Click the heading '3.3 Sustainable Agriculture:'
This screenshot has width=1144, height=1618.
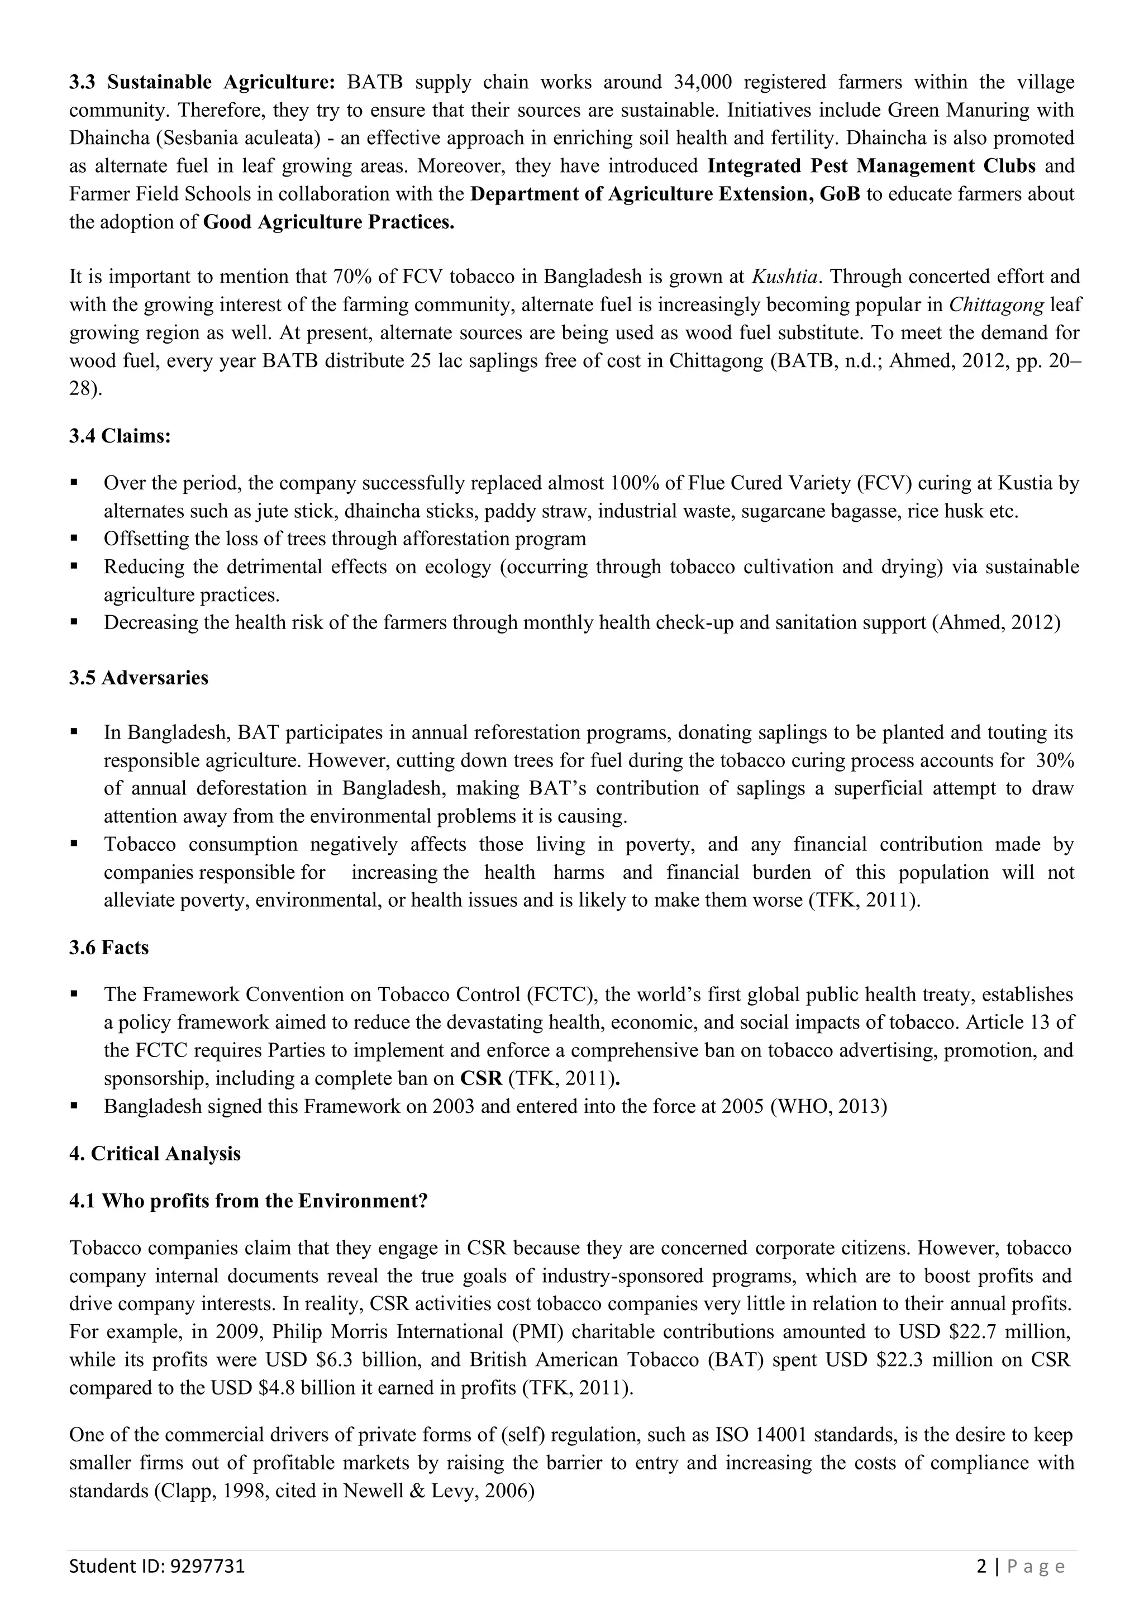coord(202,83)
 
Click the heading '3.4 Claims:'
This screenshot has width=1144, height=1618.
coord(120,436)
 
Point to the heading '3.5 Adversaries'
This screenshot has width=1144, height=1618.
coord(139,678)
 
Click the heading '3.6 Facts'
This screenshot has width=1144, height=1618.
coord(109,948)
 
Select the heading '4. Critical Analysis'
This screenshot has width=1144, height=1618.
coord(155,1154)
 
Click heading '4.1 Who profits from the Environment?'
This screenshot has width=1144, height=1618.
coord(249,1201)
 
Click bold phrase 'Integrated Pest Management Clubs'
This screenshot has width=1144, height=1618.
coord(871,166)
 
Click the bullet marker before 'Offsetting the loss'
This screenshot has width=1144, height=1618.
coord(74,539)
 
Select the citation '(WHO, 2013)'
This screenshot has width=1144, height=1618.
coord(829,1106)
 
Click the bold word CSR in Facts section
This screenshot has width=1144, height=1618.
coord(480,1079)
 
